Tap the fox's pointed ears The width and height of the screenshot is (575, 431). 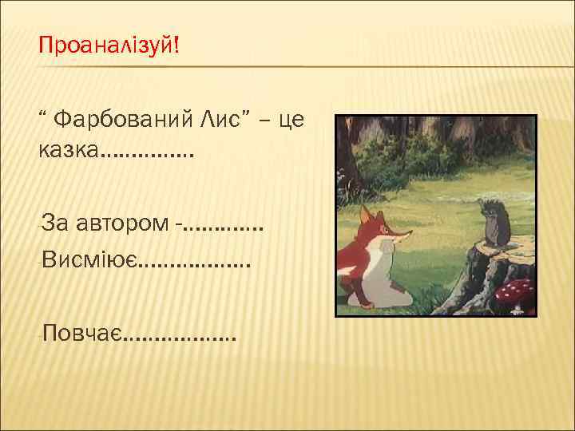[x=367, y=214]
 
